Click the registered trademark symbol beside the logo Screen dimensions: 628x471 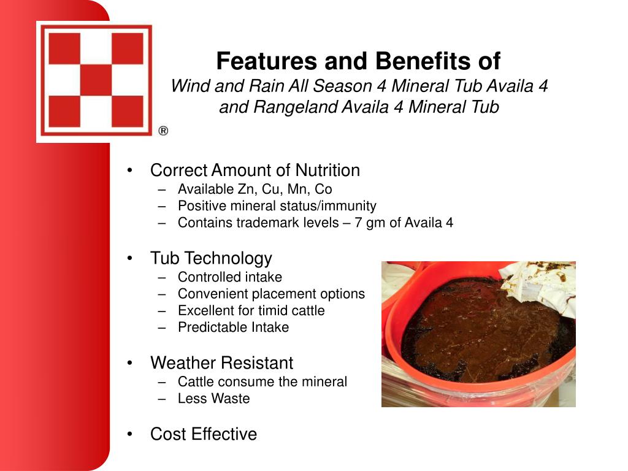click(163, 131)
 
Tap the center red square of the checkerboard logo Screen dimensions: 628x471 click(96, 80)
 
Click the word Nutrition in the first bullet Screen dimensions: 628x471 click(327, 170)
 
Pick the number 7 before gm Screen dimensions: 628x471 click(358, 223)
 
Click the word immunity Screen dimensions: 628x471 click(348, 206)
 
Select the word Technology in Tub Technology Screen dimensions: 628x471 click(228, 259)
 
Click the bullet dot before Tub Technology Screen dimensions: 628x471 click(129, 258)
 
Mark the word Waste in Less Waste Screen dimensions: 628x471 click(232, 399)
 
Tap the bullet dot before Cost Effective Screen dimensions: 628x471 click(129, 434)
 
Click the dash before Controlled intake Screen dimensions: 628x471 click(162, 277)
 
